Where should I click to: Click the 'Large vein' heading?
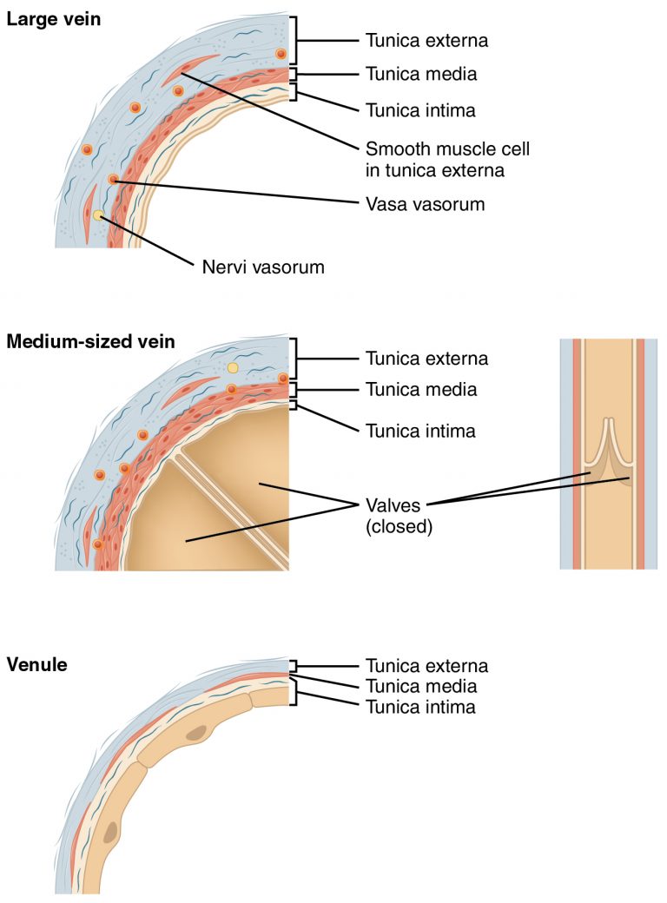point(53,18)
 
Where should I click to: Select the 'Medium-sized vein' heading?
point(90,341)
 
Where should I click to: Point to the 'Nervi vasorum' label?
point(263,267)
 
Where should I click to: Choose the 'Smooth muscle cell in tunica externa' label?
point(446,160)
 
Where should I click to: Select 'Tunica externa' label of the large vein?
point(426,40)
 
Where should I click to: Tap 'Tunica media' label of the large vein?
point(421,75)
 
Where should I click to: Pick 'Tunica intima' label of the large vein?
point(420,110)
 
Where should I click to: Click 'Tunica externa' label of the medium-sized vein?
point(426,358)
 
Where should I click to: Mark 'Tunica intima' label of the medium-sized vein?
point(420,430)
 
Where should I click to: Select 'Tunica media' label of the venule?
point(421,687)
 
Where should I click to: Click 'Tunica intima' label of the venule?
point(420,707)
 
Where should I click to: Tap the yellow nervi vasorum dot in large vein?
point(99,214)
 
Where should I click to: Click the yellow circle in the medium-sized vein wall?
point(232,368)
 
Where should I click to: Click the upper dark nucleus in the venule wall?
point(197,734)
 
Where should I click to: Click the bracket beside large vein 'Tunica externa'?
point(299,40)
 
